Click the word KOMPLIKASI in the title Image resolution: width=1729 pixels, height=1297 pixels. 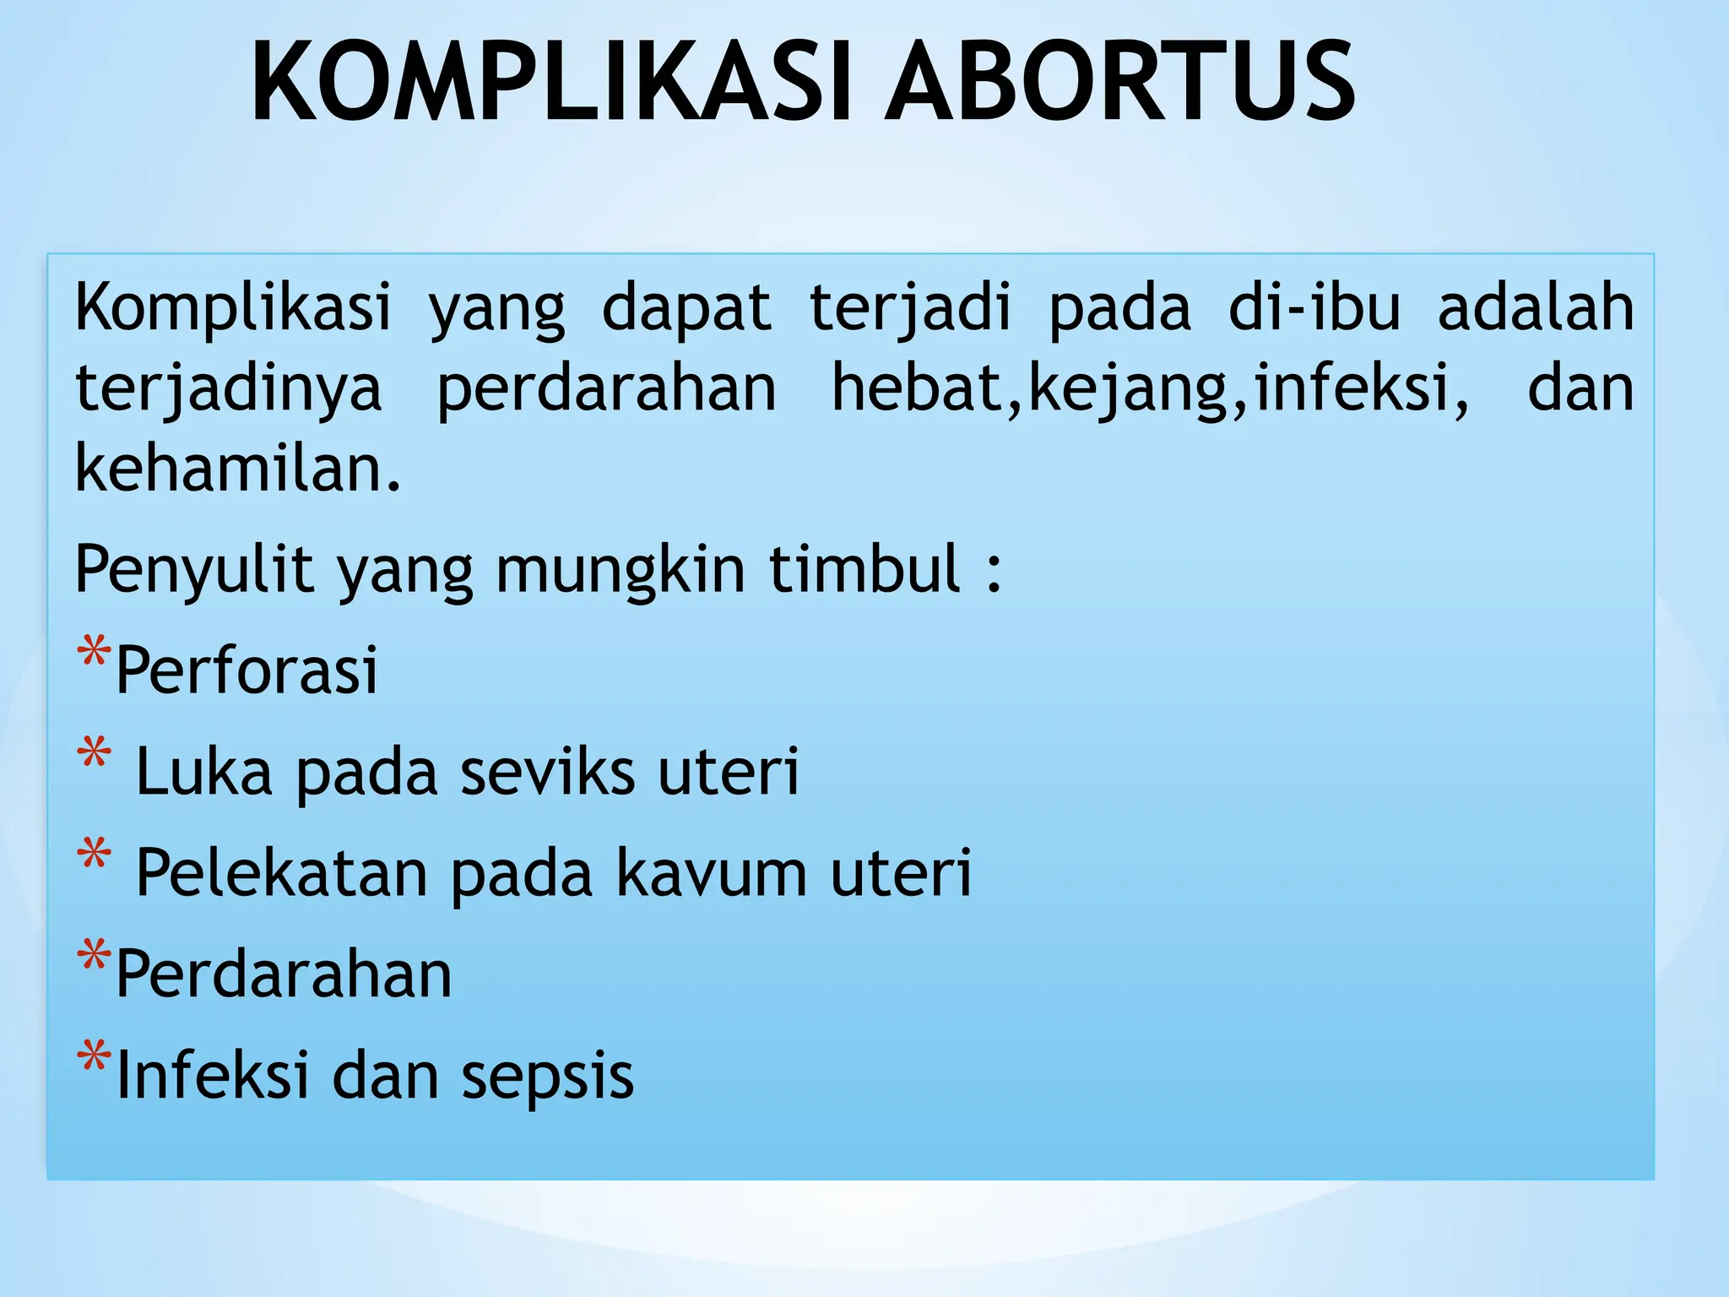pos(557,82)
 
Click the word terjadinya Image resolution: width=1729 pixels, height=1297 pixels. pos(228,388)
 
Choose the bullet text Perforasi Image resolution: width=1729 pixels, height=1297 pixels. pos(247,670)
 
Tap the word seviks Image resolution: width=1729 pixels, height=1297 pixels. pos(547,771)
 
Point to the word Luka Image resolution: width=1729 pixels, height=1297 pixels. pos(203,771)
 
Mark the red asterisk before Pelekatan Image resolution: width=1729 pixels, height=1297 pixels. pos(93,855)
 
